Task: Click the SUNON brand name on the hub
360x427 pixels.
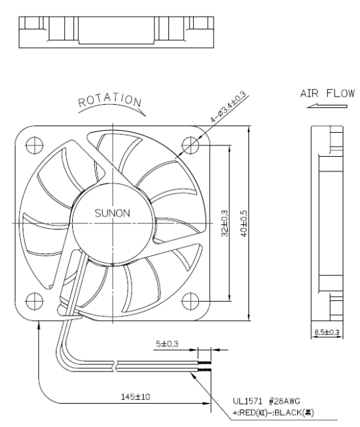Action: click(112, 213)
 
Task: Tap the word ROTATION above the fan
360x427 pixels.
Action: click(110, 99)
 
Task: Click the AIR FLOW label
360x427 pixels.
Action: click(327, 93)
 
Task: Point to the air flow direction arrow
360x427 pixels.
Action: click(327, 106)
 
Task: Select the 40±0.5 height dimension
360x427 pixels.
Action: click(244, 224)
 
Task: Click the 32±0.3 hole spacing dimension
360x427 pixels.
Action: click(225, 224)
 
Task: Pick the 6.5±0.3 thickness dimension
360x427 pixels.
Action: click(327, 332)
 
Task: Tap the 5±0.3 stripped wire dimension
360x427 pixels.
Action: click(167, 344)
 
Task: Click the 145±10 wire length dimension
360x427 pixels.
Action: click(136, 397)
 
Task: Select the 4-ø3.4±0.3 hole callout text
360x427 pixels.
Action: click(228, 106)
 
